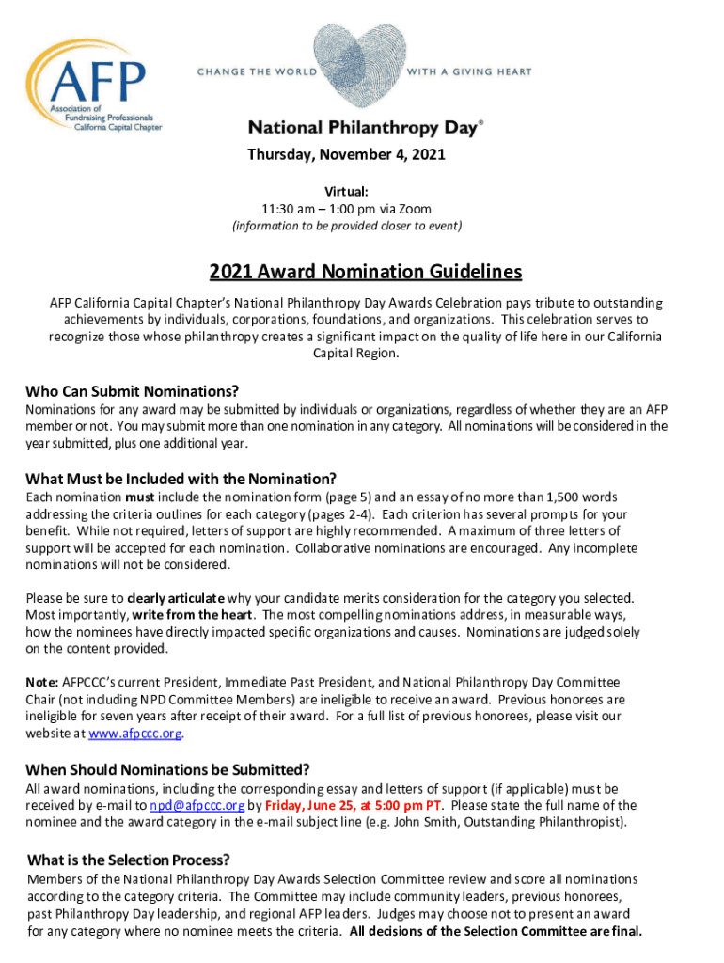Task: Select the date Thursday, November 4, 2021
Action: click(346, 154)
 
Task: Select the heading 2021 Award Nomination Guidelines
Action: click(365, 273)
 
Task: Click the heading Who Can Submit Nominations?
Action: click(133, 391)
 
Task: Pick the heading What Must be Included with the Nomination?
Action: click(181, 478)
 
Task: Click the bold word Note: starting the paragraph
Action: click(42, 682)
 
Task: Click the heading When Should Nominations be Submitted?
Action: click(168, 769)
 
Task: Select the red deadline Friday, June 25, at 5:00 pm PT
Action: click(353, 805)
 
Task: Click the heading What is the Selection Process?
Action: click(129, 860)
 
